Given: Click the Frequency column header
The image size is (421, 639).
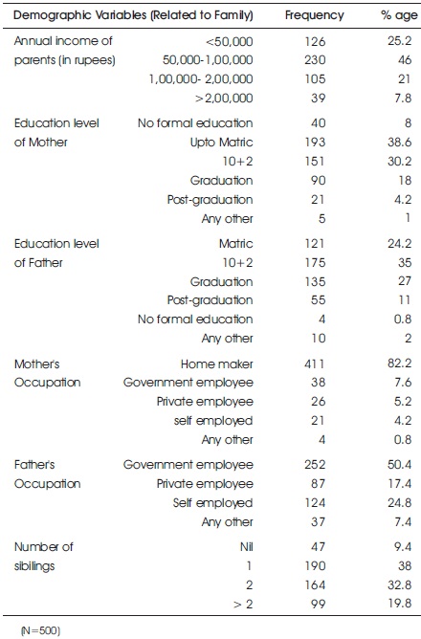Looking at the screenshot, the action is [x=314, y=15].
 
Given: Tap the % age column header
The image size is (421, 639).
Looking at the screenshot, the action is [x=399, y=15].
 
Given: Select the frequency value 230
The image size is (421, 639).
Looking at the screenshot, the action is [x=315, y=60].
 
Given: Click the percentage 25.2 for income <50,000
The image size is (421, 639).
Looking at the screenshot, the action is [x=399, y=41].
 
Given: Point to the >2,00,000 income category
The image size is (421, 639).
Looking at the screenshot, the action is [x=224, y=99].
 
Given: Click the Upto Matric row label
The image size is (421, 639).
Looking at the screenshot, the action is [x=221, y=143].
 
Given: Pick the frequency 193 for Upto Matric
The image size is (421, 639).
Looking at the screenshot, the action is [x=315, y=143].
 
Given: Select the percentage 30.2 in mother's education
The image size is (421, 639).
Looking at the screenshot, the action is [x=399, y=162].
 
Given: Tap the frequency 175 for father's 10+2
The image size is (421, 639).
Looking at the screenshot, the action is [x=315, y=262].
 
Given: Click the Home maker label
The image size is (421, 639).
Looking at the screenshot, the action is [x=217, y=364].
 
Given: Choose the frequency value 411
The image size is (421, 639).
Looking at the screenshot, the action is [x=315, y=364].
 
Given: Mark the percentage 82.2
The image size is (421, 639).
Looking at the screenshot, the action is [x=399, y=364].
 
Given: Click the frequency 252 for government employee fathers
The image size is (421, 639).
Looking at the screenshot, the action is [x=315, y=465].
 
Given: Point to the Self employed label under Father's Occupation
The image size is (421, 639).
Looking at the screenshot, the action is [x=212, y=503].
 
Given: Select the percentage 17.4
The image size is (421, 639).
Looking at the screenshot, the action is [x=399, y=484].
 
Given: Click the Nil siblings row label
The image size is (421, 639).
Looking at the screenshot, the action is [x=247, y=546].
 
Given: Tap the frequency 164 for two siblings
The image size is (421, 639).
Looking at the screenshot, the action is [x=315, y=584].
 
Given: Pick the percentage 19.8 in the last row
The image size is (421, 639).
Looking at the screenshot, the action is [x=399, y=604].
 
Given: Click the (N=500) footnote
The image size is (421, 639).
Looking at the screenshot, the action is [x=40, y=630].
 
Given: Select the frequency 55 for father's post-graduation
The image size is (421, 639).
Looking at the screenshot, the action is [x=319, y=300].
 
